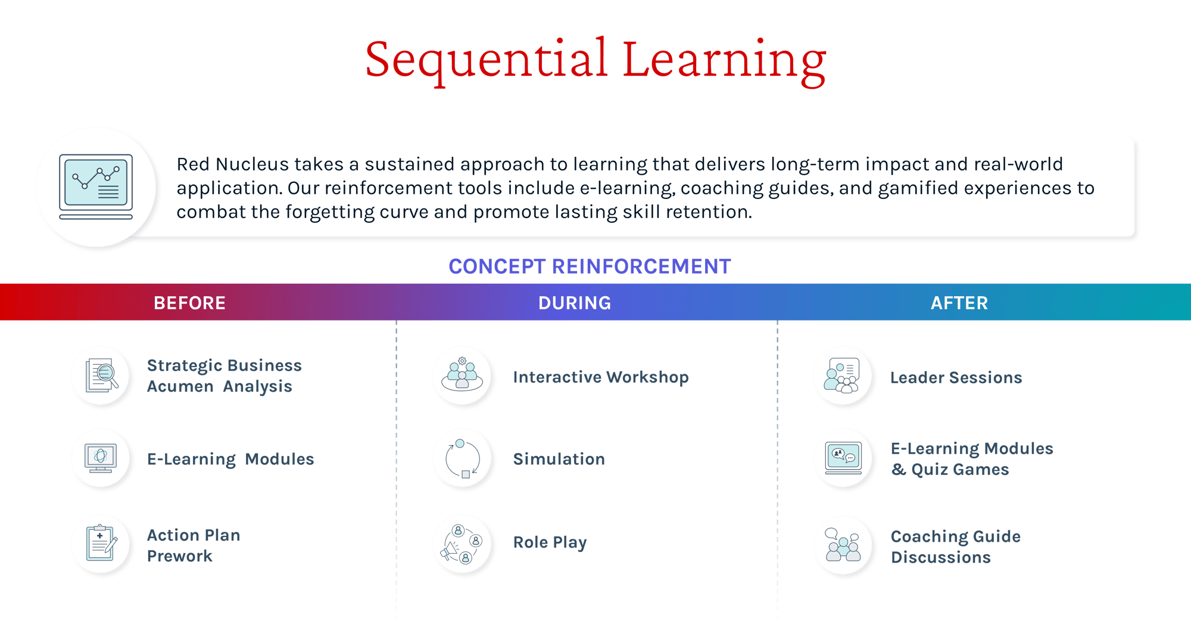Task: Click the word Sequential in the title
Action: pos(485,60)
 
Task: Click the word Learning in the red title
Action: pos(724,60)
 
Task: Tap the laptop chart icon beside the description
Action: pos(96,187)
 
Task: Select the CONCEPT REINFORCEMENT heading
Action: pos(589,266)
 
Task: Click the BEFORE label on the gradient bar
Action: pos(189,303)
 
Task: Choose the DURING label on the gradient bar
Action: pos(574,303)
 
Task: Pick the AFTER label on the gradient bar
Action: pos(959,303)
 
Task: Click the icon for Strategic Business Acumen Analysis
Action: pos(101,375)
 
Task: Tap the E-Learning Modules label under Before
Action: pos(230,459)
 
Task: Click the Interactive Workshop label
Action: pos(600,377)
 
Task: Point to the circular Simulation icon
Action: pos(463,458)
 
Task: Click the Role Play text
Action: pos(550,542)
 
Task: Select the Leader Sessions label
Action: pos(955,377)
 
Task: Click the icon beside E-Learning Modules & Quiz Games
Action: pos(843,458)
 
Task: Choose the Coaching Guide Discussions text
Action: pos(955,547)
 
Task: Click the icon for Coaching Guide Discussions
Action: pos(843,544)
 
